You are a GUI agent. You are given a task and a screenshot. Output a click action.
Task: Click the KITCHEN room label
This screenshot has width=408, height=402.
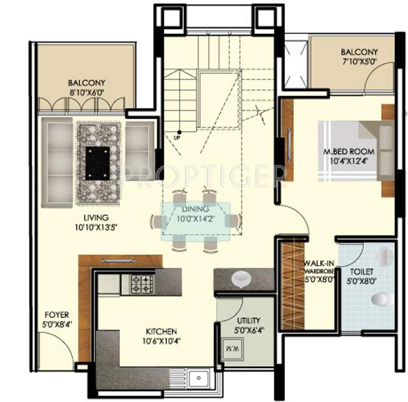click(x=161, y=331)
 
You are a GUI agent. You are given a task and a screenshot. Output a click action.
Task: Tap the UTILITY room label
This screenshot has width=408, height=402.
click(x=248, y=320)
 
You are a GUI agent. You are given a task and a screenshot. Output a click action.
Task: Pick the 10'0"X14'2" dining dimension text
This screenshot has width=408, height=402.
click(x=196, y=218)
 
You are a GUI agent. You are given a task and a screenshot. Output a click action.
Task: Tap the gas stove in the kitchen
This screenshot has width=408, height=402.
click(x=142, y=284)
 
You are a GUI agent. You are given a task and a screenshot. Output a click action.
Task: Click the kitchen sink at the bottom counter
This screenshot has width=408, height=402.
click(x=199, y=377)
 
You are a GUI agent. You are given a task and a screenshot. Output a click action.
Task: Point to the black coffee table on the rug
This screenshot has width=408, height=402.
click(x=98, y=161)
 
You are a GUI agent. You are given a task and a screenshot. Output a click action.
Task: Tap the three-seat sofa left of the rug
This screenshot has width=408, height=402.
click(x=57, y=162)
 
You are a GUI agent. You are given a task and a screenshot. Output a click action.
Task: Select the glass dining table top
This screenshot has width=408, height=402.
click(x=197, y=218)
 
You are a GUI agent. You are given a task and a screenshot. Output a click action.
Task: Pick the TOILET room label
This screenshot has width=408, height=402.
click(x=361, y=272)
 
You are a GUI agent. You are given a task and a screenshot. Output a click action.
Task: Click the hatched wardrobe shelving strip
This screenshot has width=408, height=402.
click(x=292, y=285)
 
